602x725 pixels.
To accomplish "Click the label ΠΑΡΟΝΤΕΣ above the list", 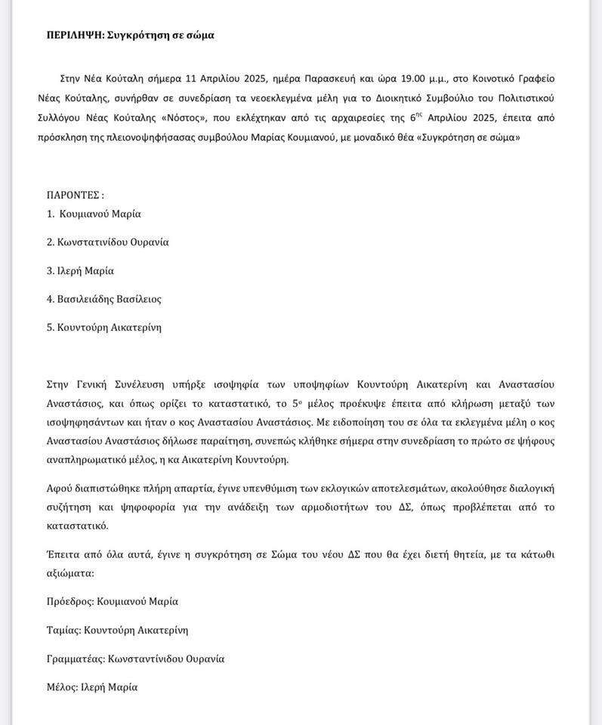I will (x=75, y=195).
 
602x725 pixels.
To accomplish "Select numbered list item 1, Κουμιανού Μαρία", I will (x=94, y=214).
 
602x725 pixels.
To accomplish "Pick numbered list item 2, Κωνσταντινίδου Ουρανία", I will (x=107, y=242).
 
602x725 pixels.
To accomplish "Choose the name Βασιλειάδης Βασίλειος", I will (x=103, y=299).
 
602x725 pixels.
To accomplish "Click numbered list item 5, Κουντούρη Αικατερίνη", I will (x=103, y=327).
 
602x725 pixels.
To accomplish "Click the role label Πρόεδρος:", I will (x=73, y=602).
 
